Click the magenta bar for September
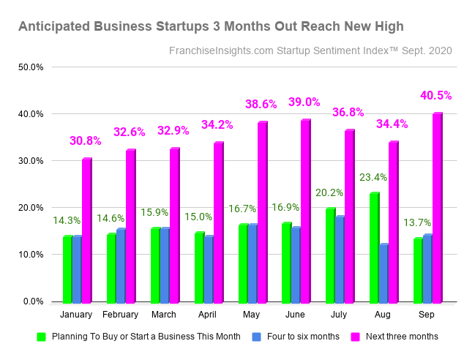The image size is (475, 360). click(438, 208)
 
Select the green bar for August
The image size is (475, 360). click(375, 248)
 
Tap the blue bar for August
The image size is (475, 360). click(384, 273)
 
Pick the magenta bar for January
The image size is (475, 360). click(86, 230)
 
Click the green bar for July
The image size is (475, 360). click(330, 255)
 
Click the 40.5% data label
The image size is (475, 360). click(436, 96)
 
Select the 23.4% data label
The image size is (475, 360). click(373, 177)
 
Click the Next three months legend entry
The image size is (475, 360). click(402, 337)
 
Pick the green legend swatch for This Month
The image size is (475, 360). click(42, 337)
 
